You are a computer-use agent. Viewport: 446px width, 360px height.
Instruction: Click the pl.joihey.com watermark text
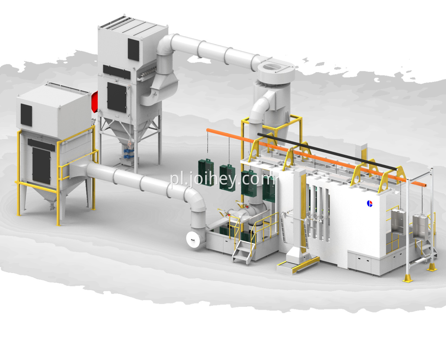[x=223, y=180]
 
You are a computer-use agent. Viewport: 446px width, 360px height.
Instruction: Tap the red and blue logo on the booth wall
[x=369, y=203]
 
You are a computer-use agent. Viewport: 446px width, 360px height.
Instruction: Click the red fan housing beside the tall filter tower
[x=94, y=102]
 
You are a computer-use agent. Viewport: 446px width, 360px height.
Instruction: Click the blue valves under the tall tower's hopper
[x=128, y=153]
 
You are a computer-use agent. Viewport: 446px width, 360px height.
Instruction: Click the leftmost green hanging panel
[x=206, y=170]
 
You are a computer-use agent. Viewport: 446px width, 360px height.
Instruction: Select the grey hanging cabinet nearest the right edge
[x=420, y=227]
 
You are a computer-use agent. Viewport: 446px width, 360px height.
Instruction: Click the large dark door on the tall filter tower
[x=117, y=97]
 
